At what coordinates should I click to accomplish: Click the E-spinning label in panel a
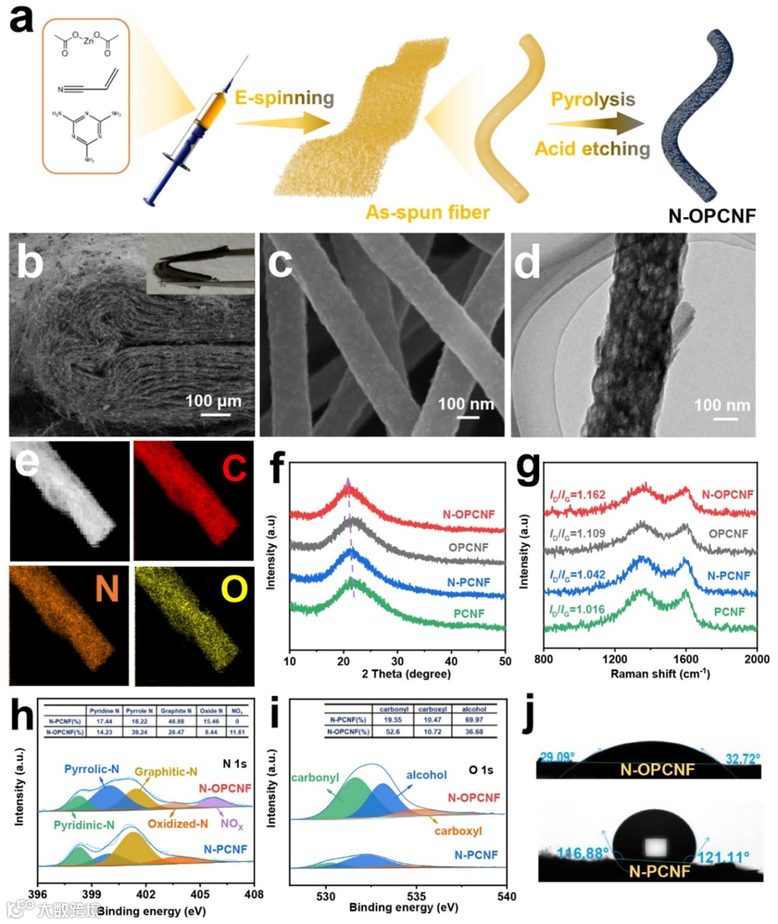[x=285, y=97]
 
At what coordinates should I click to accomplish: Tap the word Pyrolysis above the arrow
[x=593, y=99]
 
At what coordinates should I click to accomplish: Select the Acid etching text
[x=591, y=148]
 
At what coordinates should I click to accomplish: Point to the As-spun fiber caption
[x=427, y=213]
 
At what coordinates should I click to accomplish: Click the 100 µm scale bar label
[x=213, y=401]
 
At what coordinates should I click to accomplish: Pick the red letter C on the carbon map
[x=234, y=468]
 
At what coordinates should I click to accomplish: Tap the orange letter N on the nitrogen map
[x=107, y=590]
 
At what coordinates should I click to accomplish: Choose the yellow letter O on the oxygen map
[x=233, y=590]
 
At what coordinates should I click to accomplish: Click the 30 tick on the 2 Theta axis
[x=398, y=661]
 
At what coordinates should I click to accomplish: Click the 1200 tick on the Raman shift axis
[x=614, y=659]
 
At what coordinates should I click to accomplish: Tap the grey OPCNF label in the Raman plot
[x=728, y=534]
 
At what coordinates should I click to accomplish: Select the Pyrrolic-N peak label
[x=91, y=769]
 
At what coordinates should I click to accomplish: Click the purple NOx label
[x=232, y=825]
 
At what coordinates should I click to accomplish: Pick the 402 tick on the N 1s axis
[x=146, y=894]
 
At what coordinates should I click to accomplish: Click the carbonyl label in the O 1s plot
[x=315, y=778]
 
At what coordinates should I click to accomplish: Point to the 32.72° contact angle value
[x=743, y=758]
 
